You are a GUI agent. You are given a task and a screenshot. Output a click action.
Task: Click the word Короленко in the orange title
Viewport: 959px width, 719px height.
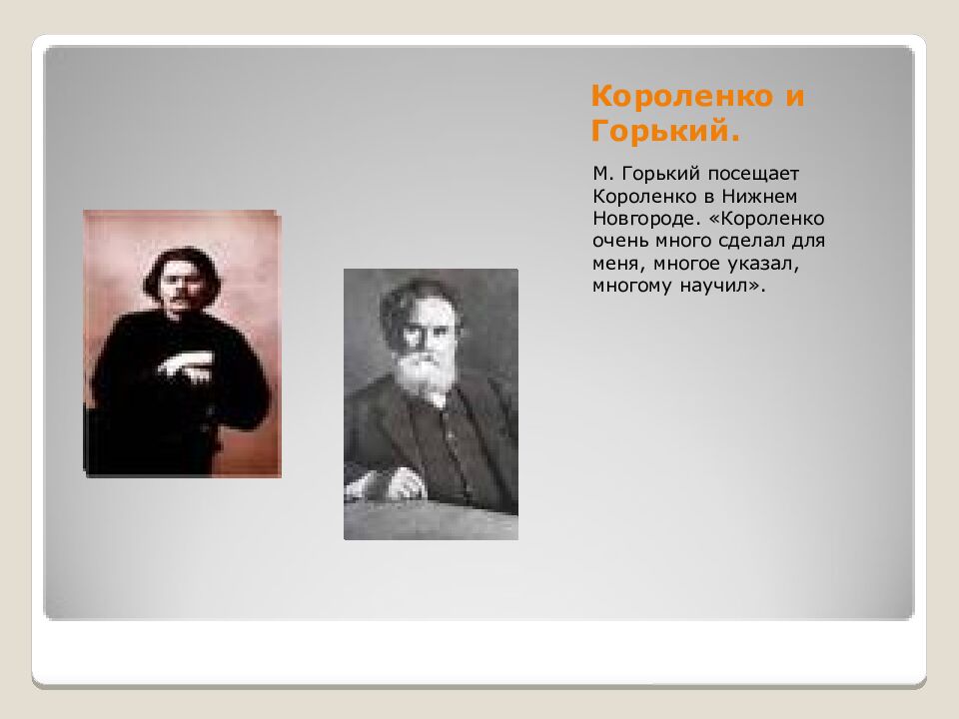pyautogui.click(x=680, y=97)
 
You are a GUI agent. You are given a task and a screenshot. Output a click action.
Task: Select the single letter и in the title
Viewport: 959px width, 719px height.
pyautogui.click(x=794, y=97)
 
